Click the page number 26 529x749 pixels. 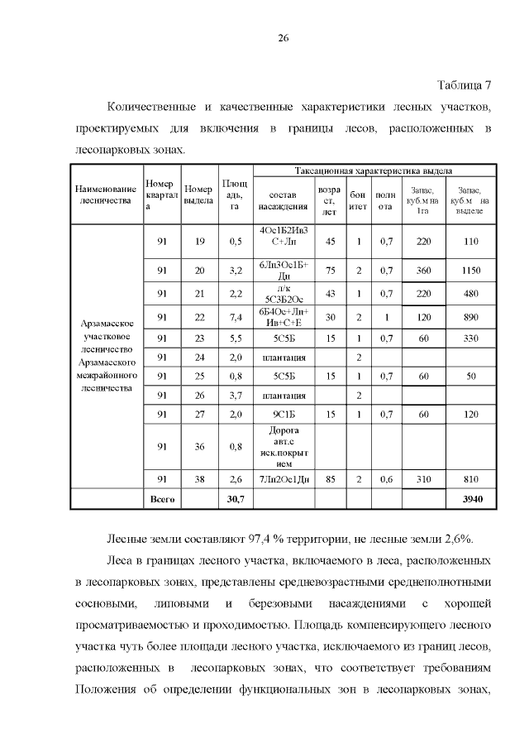click(282, 39)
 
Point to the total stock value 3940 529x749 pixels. click(471, 499)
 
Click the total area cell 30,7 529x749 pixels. click(234, 499)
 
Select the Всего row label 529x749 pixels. click(160, 499)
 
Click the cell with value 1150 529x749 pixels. click(471, 270)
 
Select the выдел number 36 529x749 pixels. click(198, 447)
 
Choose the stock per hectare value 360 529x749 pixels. click(424, 270)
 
